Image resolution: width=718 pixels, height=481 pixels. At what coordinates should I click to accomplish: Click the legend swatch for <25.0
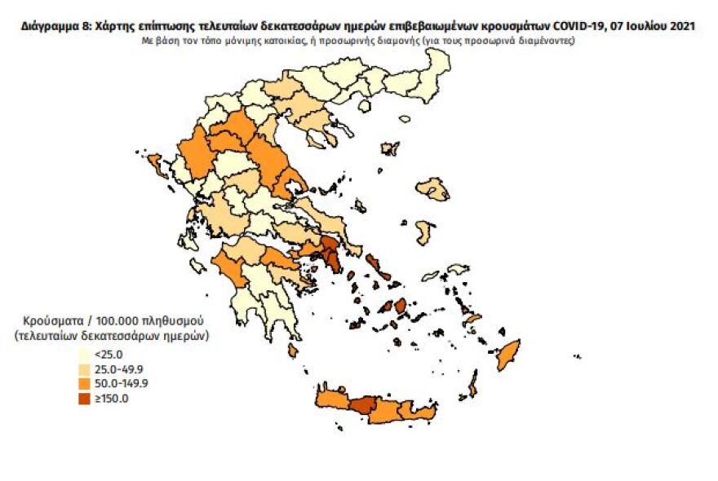click(84, 355)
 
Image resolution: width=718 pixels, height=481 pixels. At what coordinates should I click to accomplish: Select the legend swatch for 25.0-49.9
click(84, 369)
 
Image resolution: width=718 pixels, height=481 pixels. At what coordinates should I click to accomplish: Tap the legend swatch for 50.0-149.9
click(84, 384)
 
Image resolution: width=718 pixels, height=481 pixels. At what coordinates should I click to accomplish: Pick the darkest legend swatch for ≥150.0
click(84, 399)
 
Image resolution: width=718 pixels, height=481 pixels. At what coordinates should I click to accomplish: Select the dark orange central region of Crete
click(364, 405)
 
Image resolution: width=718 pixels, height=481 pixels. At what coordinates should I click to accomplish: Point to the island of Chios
click(423, 232)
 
